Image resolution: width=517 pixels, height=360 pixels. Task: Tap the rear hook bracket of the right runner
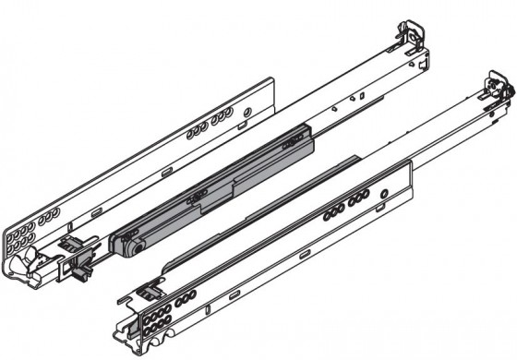pos(494,92)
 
